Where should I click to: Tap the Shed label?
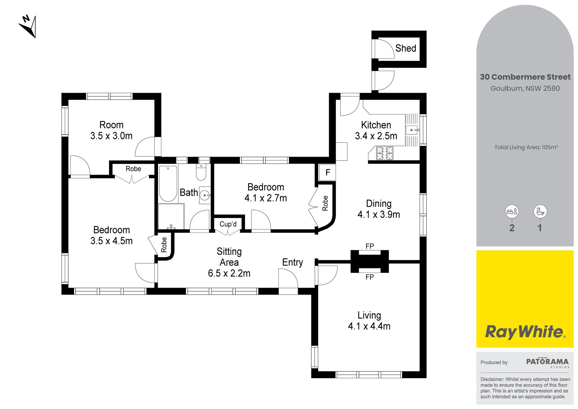[x=406, y=48]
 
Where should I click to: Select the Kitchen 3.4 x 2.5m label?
[x=376, y=130]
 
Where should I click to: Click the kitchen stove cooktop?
[x=385, y=153]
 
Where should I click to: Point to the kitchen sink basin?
[x=412, y=130]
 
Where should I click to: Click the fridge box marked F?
[x=327, y=172]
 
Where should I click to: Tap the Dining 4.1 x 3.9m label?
[x=379, y=209]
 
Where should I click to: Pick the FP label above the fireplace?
[x=370, y=246]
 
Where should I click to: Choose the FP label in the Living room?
[x=370, y=277]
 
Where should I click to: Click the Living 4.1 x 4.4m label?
[x=369, y=321]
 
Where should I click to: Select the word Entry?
[x=292, y=263]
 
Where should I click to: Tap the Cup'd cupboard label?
[x=228, y=224]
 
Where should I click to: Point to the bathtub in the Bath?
[x=168, y=183]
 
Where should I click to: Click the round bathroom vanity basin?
[x=205, y=195]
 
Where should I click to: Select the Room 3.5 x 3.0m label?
[x=111, y=130]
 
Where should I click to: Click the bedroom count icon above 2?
[x=512, y=211]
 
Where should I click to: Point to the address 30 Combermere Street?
[x=525, y=77]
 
